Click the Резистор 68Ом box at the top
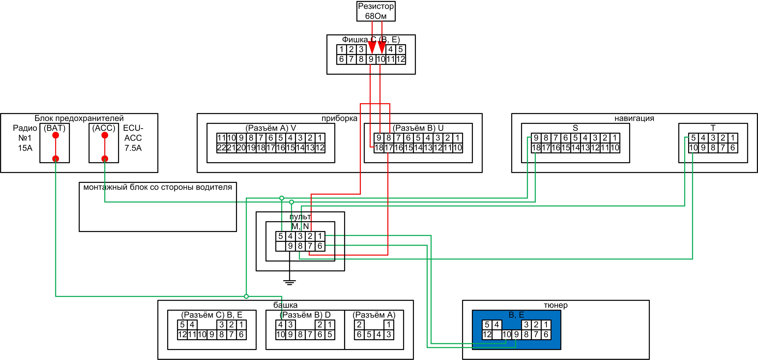(x=376, y=11)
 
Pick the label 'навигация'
(x=634, y=118)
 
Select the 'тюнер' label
(x=556, y=305)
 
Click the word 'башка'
(x=285, y=305)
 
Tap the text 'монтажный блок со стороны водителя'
(x=158, y=187)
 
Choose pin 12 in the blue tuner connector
(x=487, y=334)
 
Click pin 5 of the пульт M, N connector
(x=281, y=236)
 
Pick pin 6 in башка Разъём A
(x=359, y=334)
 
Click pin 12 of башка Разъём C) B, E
(x=182, y=334)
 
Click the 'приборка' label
(x=339, y=118)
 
